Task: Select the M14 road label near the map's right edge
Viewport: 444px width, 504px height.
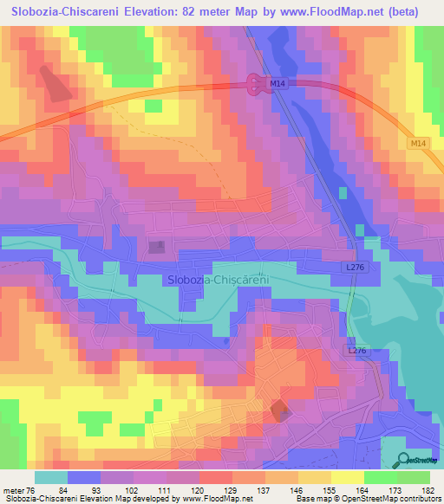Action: [419, 143]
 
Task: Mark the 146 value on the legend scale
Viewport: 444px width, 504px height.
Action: [296, 490]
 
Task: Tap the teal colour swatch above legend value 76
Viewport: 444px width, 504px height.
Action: [51, 477]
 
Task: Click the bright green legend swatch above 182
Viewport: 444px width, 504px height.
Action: [415, 477]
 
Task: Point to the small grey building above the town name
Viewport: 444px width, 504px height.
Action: [157, 248]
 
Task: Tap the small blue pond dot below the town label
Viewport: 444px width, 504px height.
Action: [226, 340]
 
